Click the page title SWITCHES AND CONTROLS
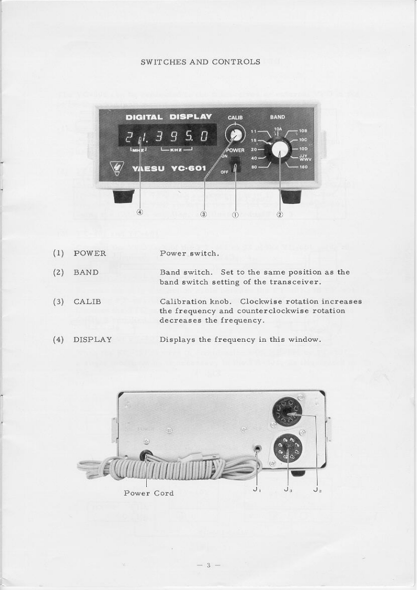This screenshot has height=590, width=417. pos(200,62)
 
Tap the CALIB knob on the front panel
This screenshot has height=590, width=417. pos(235,135)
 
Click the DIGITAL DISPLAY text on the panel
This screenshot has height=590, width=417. pos(169,117)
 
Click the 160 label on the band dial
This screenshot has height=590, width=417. pos(303,169)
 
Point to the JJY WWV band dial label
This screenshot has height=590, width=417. pos(305,157)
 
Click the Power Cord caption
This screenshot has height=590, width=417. pos(149,493)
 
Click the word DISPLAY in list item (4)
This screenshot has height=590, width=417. pos(93,339)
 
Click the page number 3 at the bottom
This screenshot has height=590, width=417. pos(208,565)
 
